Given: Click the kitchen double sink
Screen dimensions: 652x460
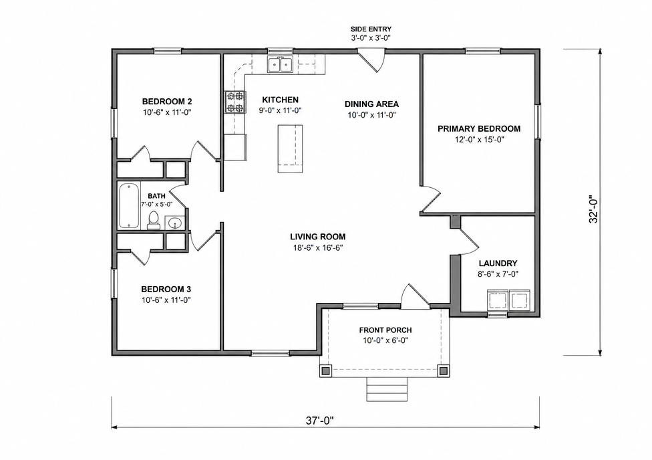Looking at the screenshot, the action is point(280,65).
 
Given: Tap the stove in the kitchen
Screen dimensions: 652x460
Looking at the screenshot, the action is point(234,102).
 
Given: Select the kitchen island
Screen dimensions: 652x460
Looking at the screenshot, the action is point(290,148).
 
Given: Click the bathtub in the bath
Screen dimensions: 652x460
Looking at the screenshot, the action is point(130,206).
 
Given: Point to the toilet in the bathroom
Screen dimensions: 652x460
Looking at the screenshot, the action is point(154,220).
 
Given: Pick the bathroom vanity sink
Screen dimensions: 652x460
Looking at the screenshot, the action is point(175,223).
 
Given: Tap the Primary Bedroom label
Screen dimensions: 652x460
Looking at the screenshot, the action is point(479,128).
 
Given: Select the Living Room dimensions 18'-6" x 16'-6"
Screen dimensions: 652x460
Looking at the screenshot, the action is point(317,248).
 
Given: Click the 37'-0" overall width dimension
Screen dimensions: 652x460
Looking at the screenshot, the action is point(320,421).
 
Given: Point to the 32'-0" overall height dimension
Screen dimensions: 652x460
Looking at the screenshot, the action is point(594,209).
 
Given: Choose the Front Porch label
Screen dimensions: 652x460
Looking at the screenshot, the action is point(385,330).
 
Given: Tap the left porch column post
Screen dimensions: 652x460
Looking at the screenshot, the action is point(325,370).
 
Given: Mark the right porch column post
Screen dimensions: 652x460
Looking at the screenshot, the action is point(444,370).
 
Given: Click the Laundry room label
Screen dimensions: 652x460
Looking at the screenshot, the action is point(498,263).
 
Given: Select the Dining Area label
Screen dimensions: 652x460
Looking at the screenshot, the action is point(371,104).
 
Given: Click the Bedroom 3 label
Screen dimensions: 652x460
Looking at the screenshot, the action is point(166,290).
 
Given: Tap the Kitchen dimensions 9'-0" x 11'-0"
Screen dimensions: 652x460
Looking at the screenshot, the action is point(280,111).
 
